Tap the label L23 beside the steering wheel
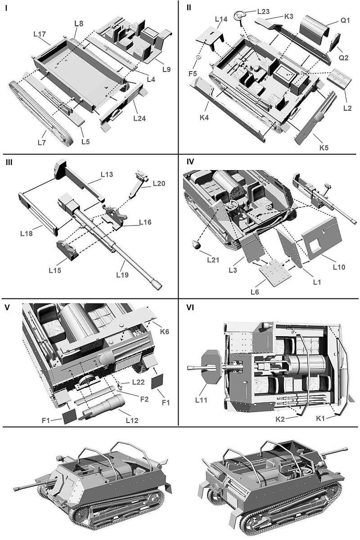pyautogui.click(x=264, y=11)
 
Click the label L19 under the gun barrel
pyautogui.click(x=123, y=274)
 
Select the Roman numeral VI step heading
pyautogui.click(x=191, y=308)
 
